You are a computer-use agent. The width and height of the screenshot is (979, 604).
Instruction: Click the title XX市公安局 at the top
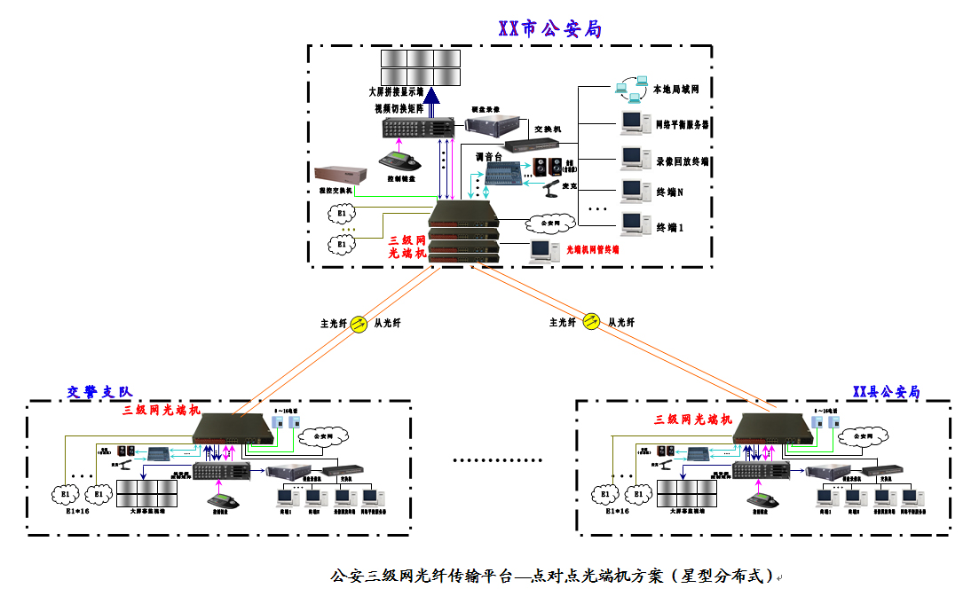pos(550,29)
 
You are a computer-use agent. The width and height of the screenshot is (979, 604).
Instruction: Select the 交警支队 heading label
pos(99,391)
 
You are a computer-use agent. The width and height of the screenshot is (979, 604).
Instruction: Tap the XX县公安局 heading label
pos(886,391)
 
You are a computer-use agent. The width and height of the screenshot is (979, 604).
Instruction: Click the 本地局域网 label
pos(682,90)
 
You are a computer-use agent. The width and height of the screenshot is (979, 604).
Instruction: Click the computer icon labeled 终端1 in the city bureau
pos(631,223)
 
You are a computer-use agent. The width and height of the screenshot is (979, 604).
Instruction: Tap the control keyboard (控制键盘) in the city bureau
pos(399,162)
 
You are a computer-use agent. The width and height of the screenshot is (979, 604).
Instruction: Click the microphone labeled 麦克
pos(552,187)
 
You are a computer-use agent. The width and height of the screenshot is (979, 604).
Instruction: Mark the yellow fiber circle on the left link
pos(359,324)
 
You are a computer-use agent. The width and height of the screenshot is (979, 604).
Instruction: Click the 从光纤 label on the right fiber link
pos(621,323)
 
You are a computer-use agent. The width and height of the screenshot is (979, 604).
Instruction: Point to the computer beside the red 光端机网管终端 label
pos(541,251)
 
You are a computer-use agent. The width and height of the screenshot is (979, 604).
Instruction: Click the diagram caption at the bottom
pos(550,577)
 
